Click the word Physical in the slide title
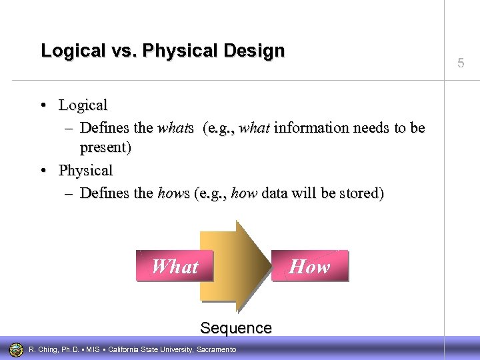(x=166, y=51)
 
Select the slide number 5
(x=461, y=64)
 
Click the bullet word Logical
(x=83, y=105)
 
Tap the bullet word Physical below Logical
(x=85, y=171)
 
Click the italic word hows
(x=173, y=194)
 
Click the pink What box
(x=175, y=267)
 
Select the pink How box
(x=309, y=267)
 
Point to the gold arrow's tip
(x=272, y=265)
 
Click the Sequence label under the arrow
(x=236, y=328)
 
